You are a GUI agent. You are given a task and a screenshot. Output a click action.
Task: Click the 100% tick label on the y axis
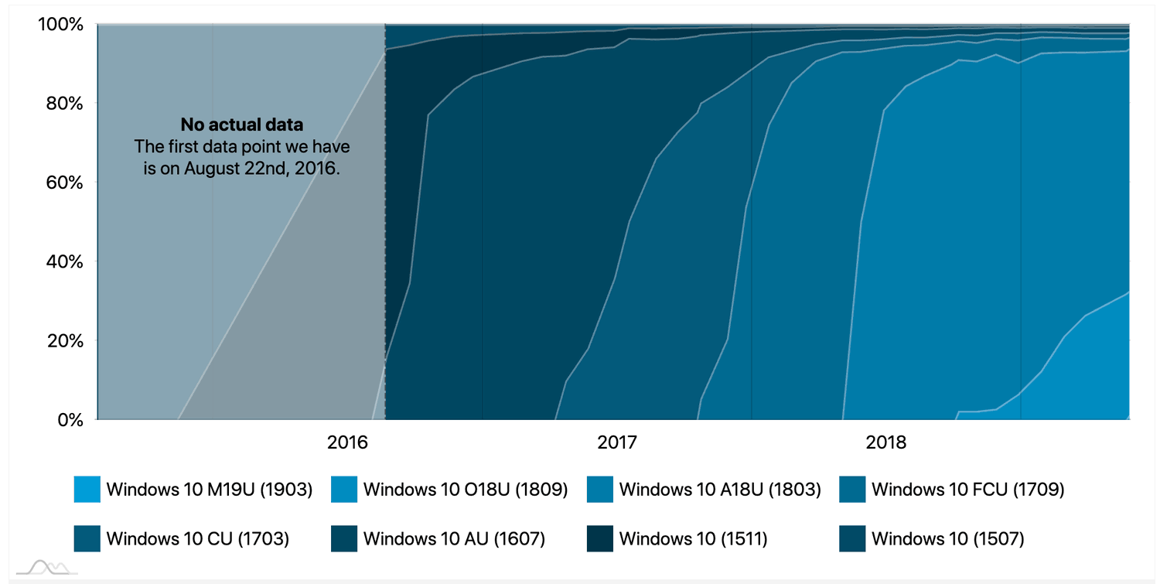[60, 25]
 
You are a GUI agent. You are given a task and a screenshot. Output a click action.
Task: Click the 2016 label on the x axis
[347, 443]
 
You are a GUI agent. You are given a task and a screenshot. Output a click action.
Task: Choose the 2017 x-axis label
[616, 443]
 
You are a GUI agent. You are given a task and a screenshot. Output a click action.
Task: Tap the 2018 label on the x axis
[885, 443]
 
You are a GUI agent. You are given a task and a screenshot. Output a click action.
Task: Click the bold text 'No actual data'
[241, 125]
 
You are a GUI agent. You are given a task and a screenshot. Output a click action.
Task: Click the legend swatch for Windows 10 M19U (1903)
[87, 490]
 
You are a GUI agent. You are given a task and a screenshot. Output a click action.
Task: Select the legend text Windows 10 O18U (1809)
[466, 490]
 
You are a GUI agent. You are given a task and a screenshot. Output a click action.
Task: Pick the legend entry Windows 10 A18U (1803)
[720, 490]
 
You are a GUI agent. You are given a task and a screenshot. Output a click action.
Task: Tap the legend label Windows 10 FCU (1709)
[967, 490]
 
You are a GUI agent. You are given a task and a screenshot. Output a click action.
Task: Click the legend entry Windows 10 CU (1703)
[197, 538]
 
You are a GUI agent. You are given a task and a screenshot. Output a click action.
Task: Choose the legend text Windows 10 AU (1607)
[454, 538]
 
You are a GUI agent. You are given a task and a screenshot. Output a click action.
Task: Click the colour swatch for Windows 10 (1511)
[600, 538]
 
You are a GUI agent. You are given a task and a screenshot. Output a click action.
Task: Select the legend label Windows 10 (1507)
[947, 538]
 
